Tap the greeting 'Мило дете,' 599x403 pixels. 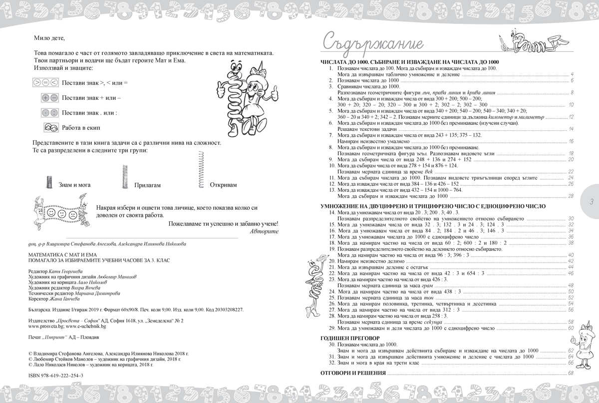point(49,38)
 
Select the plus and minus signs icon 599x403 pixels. point(50,98)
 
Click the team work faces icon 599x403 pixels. point(50,128)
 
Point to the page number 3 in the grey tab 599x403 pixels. point(591,202)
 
